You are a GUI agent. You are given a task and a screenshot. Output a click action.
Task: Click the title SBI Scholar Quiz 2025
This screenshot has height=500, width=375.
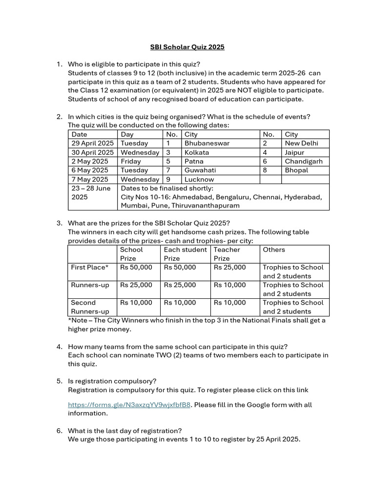click(x=187, y=47)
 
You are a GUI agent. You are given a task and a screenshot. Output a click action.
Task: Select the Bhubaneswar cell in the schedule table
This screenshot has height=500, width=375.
click(x=207, y=144)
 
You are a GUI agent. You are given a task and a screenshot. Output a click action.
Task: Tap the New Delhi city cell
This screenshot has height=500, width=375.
click(x=301, y=144)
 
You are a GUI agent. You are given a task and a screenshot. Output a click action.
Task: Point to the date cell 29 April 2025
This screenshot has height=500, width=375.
click(x=93, y=144)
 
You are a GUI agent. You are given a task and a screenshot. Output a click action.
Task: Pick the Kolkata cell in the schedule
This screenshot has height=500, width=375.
click(x=197, y=152)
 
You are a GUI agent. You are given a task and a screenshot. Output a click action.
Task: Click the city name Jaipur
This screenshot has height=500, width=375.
click(x=294, y=152)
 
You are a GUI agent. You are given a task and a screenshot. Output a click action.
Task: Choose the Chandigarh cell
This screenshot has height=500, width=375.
click(x=304, y=161)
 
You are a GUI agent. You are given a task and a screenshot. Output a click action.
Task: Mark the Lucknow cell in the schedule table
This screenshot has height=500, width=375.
click(x=199, y=179)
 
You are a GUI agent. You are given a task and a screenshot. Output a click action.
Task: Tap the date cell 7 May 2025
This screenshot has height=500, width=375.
click(x=90, y=179)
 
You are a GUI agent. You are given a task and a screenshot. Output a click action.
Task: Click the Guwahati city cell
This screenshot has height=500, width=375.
click(x=200, y=170)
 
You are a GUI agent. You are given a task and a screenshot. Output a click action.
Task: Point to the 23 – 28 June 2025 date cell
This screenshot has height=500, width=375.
click(x=91, y=192)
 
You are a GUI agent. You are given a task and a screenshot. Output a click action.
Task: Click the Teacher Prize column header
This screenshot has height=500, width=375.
click(x=227, y=254)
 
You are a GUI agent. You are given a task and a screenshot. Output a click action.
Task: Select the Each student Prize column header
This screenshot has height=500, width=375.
click(x=185, y=254)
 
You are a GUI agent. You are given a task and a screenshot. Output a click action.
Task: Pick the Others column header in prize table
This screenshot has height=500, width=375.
click(x=274, y=250)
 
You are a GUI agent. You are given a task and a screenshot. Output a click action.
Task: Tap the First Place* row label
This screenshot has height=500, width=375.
click(x=90, y=268)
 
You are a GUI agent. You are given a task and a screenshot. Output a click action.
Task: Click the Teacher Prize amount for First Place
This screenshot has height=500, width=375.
click(x=230, y=268)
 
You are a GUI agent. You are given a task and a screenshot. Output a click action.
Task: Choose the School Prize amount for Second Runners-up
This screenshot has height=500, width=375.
click(x=136, y=303)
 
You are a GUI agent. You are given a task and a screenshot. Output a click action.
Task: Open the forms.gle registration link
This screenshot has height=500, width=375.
click(x=129, y=405)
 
